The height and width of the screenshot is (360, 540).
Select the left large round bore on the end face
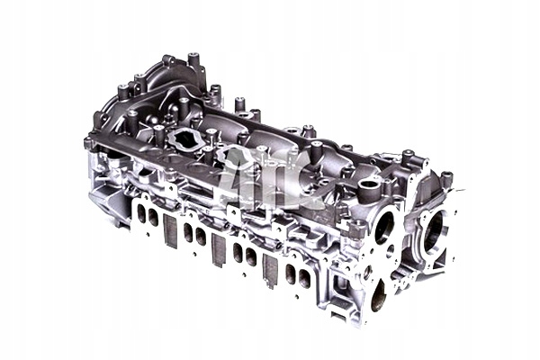(384, 228)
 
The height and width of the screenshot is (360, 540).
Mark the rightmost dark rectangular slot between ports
(269, 272)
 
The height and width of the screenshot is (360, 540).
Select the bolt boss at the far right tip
(447, 178)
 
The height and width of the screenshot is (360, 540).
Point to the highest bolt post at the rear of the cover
(192, 61)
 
